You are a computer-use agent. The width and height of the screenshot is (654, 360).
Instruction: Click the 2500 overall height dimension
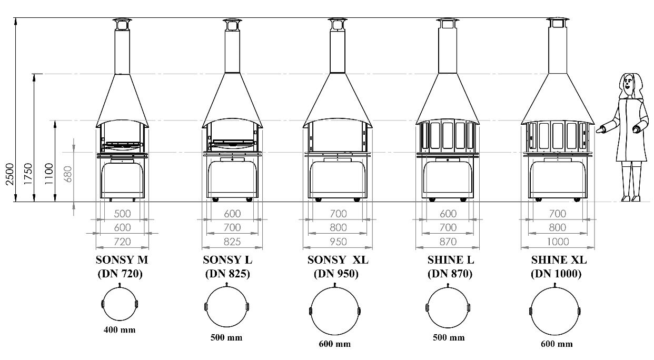click(10, 174)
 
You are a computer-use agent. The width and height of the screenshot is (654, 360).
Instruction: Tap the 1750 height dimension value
click(28, 174)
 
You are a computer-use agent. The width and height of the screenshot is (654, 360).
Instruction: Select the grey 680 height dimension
click(67, 174)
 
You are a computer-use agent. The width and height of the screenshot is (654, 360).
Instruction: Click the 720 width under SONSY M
click(122, 242)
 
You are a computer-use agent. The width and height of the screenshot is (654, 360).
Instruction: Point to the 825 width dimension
click(232, 242)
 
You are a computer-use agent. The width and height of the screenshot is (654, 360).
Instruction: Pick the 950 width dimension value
click(338, 242)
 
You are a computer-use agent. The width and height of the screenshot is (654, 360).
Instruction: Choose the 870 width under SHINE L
click(448, 242)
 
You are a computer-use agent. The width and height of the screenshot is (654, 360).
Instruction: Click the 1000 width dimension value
click(558, 242)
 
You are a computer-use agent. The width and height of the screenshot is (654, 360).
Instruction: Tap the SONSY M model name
click(122, 260)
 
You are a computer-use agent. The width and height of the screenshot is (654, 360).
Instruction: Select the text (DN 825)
click(227, 274)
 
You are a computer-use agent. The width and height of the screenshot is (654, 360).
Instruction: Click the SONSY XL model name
click(338, 260)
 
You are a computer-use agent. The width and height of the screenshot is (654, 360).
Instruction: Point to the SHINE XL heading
click(559, 260)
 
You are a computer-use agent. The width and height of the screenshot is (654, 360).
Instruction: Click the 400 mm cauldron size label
click(120, 330)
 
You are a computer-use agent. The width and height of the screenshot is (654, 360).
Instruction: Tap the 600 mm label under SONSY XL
click(334, 344)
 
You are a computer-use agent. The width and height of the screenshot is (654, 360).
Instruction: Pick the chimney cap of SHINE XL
click(558, 23)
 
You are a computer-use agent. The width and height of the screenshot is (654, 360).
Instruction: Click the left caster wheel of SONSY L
click(215, 200)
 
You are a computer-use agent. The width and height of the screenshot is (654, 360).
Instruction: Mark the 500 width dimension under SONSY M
click(122, 214)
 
